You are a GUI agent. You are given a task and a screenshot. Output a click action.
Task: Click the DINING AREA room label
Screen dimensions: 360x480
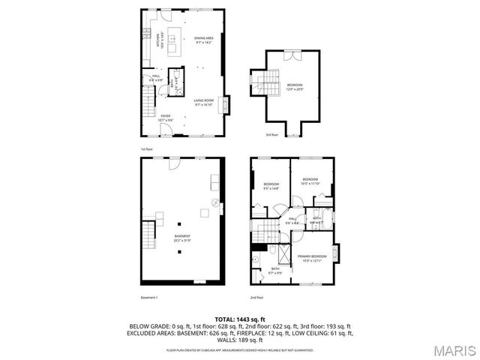[x=204, y=40]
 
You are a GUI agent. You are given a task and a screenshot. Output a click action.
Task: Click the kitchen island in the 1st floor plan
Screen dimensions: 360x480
[x=174, y=43]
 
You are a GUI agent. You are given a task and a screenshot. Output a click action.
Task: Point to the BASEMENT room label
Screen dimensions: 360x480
[x=182, y=239]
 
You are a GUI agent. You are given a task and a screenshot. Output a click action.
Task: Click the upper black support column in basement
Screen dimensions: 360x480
[x=180, y=223]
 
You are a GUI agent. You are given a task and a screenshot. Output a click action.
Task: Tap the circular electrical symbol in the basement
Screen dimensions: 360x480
[x=215, y=202]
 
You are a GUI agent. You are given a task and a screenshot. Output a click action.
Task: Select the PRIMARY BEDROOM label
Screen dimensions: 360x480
[x=312, y=258]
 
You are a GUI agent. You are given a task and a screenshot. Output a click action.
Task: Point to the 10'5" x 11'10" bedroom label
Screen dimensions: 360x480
[x=310, y=181]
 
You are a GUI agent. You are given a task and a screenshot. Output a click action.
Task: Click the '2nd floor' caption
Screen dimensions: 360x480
[x=256, y=298]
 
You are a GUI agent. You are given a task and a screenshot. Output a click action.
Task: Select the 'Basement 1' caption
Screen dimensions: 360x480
[x=149, y=298]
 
